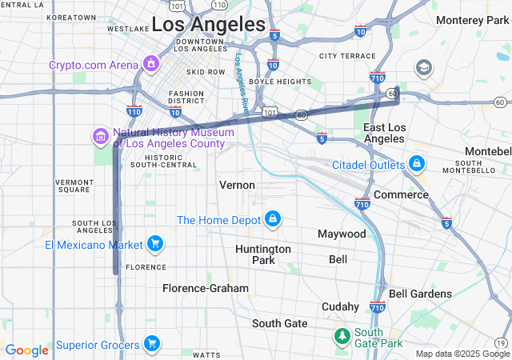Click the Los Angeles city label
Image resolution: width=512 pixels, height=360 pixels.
(208, 24)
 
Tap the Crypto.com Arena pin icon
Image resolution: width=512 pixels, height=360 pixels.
(150, 63)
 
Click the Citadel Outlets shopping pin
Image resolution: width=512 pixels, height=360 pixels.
(416, 164)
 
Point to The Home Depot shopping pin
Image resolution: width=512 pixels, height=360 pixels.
(273, 219)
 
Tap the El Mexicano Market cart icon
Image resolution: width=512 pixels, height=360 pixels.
(154, 244)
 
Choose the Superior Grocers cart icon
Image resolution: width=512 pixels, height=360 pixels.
(151, 345)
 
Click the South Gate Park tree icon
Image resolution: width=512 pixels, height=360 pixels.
(342, 334)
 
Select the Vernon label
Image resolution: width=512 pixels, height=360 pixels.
(237, 185)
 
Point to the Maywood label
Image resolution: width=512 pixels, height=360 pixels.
(342, 234)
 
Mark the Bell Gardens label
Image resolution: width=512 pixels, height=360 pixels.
(420, 294)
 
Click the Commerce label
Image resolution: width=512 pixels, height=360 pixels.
(401, 194)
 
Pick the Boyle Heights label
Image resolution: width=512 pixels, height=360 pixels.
(280, 81)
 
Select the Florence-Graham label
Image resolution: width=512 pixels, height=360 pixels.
(206, 287)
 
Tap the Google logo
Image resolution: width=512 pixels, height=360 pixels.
(27, 350)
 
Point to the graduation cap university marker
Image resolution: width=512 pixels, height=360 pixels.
(423, 66)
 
